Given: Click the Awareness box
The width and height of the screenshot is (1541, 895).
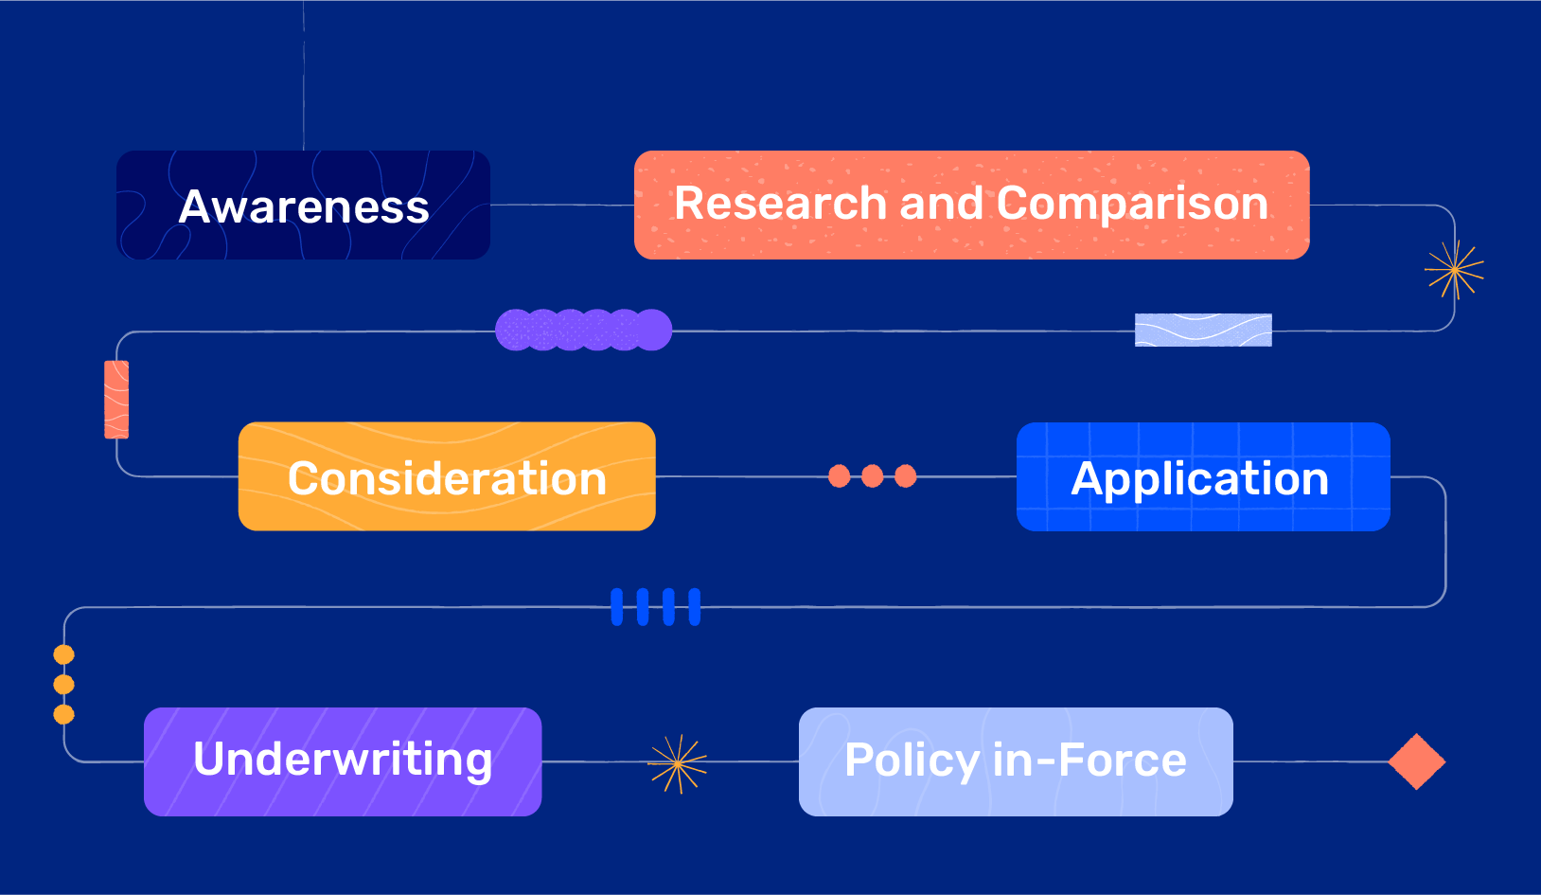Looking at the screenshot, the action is click(304, 206).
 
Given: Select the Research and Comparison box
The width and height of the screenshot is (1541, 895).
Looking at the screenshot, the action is click(971, 206).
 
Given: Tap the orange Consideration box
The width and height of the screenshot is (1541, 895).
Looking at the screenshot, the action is click(447, 476).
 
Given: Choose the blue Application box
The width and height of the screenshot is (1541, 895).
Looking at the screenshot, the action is click(1203, 476).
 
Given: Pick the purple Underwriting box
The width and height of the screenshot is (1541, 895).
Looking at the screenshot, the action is click(343, 761).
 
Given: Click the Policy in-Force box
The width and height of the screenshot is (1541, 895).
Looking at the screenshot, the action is click(1016, 761).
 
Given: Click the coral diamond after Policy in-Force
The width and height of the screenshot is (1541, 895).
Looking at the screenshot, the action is click(1416, 761).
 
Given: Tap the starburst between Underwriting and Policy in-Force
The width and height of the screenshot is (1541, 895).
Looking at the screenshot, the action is click(678, 763).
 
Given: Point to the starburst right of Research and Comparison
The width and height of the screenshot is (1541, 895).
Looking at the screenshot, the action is click(1454, 270).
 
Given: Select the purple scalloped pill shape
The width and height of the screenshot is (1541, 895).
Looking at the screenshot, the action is click(583, 330).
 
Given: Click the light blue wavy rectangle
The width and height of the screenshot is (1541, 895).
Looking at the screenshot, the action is click(1203, 330).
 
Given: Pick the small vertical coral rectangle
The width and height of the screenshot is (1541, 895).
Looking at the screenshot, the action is click(116, 400).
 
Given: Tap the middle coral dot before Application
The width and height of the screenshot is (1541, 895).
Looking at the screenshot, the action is click(873, 475).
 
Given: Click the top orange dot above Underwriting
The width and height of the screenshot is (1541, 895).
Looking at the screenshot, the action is click(64, 654).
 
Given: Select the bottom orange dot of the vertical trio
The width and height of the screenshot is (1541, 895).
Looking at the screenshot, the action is click(64, 714).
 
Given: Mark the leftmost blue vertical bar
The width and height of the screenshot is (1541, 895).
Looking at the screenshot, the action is click(617, 606).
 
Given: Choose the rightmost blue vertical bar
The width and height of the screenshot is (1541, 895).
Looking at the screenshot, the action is click(694, 606).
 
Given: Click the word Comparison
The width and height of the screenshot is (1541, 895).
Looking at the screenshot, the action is click(1132, 204).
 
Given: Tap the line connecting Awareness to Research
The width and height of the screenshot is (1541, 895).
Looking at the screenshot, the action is click(562, 205).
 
